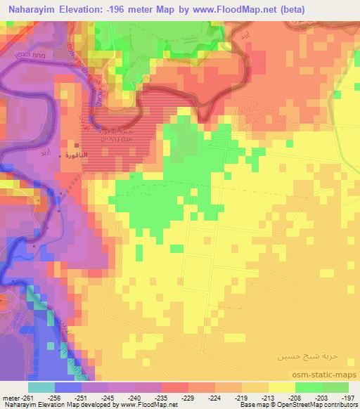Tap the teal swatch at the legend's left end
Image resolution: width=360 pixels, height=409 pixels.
pyautogui.click(x=41, y=387)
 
